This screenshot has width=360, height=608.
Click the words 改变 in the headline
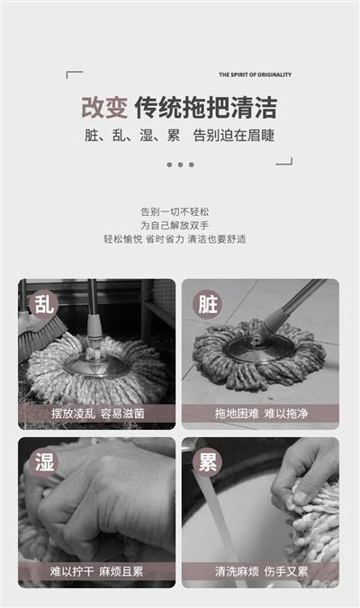click(104, 107)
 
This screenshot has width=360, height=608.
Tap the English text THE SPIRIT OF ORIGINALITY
click(255, 75)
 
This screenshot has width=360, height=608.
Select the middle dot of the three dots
click(180, 165)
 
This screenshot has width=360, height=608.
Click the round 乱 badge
click(43, 304)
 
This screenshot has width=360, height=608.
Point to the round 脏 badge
click(208, 304)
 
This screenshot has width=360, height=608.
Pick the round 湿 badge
click(43, 461)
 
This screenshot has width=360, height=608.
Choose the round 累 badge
click(208, 461)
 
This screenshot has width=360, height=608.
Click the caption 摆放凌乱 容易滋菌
click(98, 414)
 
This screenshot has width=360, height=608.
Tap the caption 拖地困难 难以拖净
click(262, 414)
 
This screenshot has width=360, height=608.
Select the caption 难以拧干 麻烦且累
click(96, 571)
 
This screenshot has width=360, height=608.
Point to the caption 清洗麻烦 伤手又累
click(262, 571)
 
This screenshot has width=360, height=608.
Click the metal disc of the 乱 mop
click(97, 364)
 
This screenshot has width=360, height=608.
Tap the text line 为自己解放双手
click(175, 225)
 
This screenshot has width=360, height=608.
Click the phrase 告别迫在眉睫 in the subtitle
click(234, 135)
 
